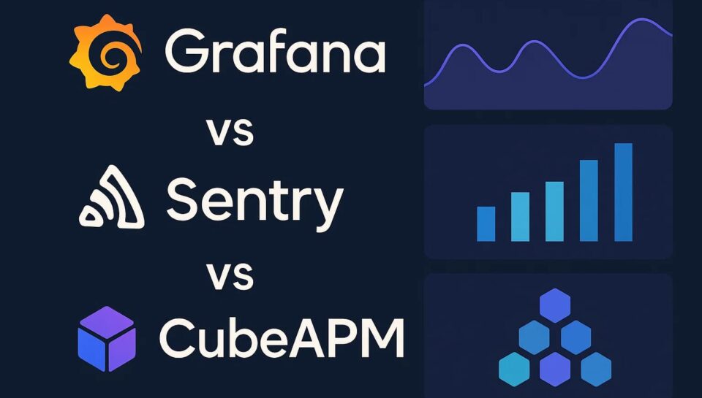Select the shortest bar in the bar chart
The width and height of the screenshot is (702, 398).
486,223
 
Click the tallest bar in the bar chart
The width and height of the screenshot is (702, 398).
623,192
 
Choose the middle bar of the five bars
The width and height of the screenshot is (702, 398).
554,211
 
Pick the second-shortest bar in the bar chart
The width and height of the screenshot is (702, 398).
520,216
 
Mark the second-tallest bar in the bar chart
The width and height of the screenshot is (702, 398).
589,200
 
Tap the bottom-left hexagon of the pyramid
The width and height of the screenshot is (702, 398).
514,368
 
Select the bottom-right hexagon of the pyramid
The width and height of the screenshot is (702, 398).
596,368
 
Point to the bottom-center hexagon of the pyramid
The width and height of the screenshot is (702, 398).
555,368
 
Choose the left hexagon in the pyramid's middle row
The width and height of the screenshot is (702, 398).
535,337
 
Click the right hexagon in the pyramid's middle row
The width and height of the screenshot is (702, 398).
575,337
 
